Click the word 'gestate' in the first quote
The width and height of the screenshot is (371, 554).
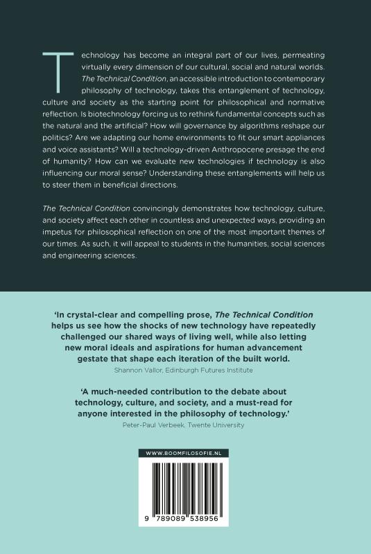click(74, 351)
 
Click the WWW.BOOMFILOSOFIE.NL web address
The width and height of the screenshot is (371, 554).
click(185, 452)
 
